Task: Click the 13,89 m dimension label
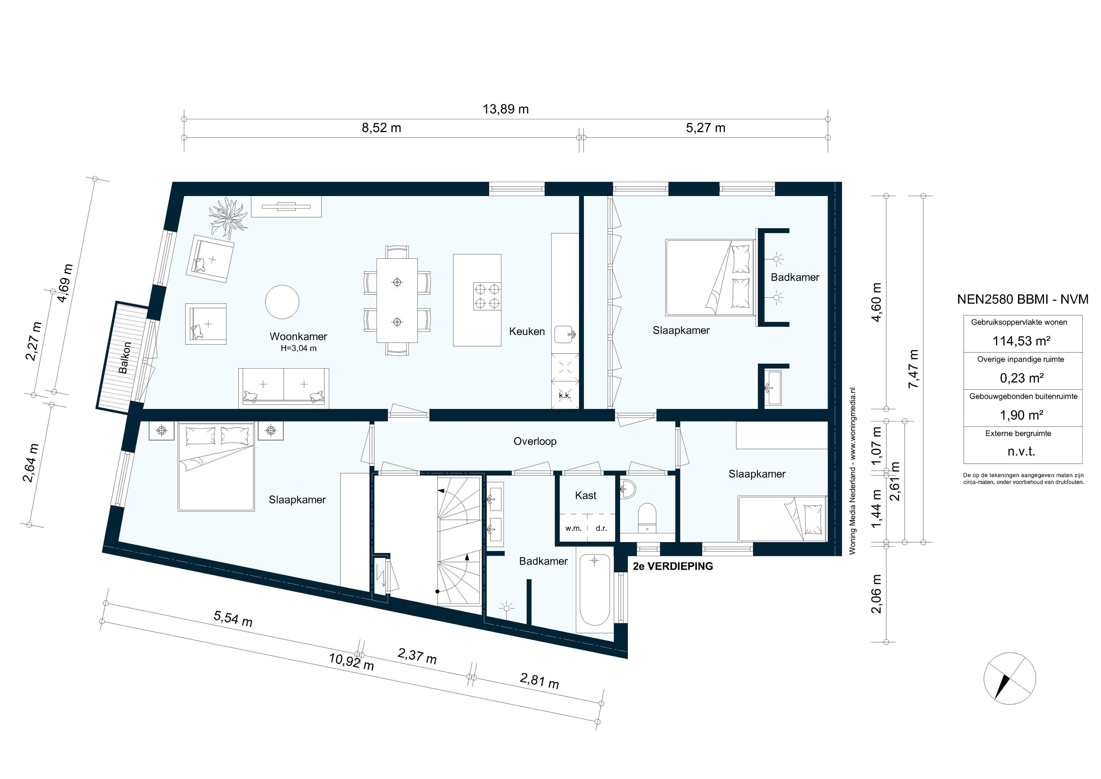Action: click(x=505, y=109)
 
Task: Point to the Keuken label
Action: click(x=527, y=331)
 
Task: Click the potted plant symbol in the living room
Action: click(x=228, y=218)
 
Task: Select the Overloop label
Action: click(x=535, y=441)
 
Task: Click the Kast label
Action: click(x=585, y=496)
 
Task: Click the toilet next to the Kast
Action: click(x=647, y=516)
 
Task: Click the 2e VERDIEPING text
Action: click(x=672, y=566)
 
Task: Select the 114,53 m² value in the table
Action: click(x=1021, y=341)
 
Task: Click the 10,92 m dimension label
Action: click(x=351, y=662)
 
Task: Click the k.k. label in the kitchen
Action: click(x=564, y=396)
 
